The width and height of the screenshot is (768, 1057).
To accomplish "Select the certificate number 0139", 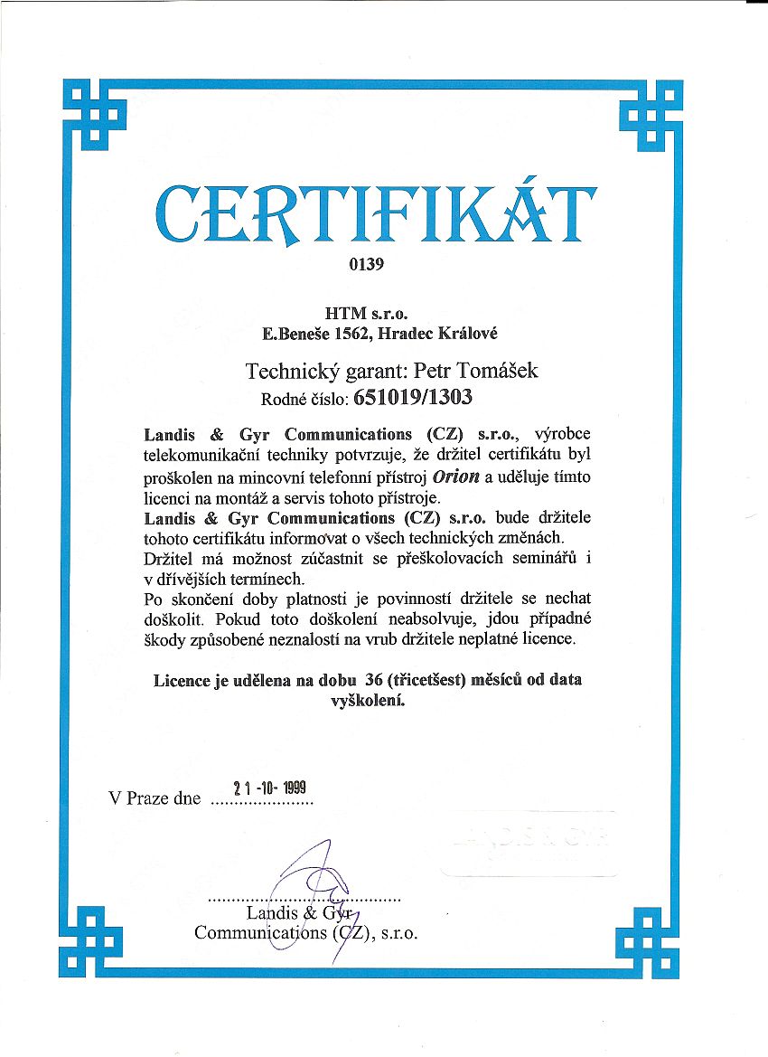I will (x=366, y=265).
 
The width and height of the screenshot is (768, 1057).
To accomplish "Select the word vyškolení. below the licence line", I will (x=368, y=699).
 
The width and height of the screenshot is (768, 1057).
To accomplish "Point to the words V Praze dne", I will (x=154, y=799).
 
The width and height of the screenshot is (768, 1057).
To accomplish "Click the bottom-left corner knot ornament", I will (x=94, y=940).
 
